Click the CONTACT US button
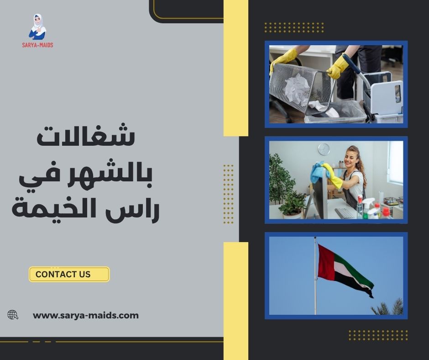point(69,274)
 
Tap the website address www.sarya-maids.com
point(86,315)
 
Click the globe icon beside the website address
point(13,315)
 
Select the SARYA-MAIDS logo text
point(38,45)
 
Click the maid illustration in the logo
point(38,26)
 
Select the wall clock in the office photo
point(324,149)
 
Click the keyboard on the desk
point(345,213)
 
